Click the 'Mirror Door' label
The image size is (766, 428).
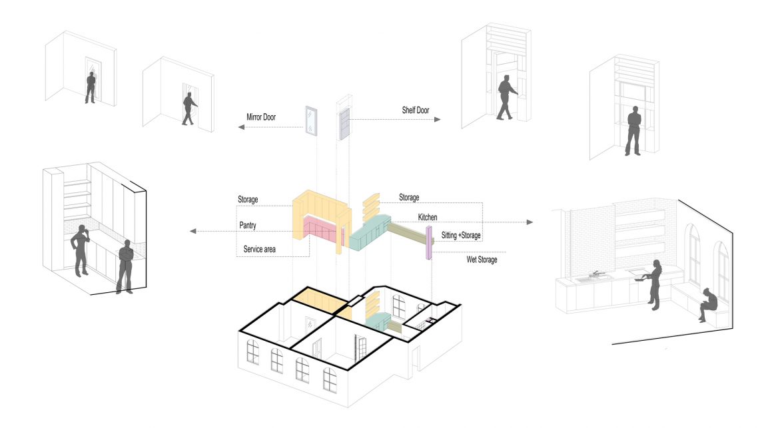click(261, 117)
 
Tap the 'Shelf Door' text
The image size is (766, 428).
click(416, 110)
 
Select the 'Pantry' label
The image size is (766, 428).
click(248, 226)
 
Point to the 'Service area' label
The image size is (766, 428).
click(259, 250)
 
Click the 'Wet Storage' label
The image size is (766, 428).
click(482, 260)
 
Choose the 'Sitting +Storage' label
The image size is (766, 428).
click(461, 235)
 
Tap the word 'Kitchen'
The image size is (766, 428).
click(428, 217)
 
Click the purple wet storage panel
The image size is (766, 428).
click(430, 242)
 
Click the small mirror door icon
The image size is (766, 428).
click(310, 120)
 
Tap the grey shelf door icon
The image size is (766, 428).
click(344, 124)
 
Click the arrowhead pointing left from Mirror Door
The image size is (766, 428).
click(241, 127)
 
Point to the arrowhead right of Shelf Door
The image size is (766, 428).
click(437, 119)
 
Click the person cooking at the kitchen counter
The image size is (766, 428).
click(653, 284)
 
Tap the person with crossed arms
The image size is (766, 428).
click(125, 266)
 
